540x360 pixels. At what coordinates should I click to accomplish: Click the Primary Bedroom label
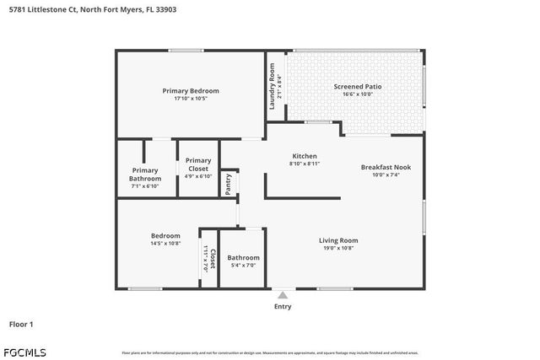[x=191, y=91]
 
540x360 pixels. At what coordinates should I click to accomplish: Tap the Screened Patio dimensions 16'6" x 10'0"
[x=358, y=94]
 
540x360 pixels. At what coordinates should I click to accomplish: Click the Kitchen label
[x=304, y=156]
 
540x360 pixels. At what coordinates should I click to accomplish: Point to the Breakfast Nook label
[x=385, y=167]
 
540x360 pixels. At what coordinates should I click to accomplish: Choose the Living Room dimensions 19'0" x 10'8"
[x=337, y=249]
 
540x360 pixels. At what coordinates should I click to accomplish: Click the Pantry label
[x=228, y=183]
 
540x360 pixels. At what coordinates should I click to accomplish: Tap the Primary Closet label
[x=198, y=164]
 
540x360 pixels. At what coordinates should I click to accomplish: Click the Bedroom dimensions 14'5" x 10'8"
[x=165, y=244]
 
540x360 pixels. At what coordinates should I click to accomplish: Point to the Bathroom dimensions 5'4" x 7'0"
[x=243, y=266]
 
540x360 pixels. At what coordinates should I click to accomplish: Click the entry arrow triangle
[x=283, y=295]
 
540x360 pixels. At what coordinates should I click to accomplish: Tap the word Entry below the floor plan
[x=283, y=306]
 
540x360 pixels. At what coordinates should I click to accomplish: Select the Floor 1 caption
[x=21, y=324]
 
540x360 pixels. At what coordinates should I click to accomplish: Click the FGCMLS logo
[x=24, y=352]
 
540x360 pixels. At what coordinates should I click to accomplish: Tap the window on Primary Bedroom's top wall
[x=184, y=51]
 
